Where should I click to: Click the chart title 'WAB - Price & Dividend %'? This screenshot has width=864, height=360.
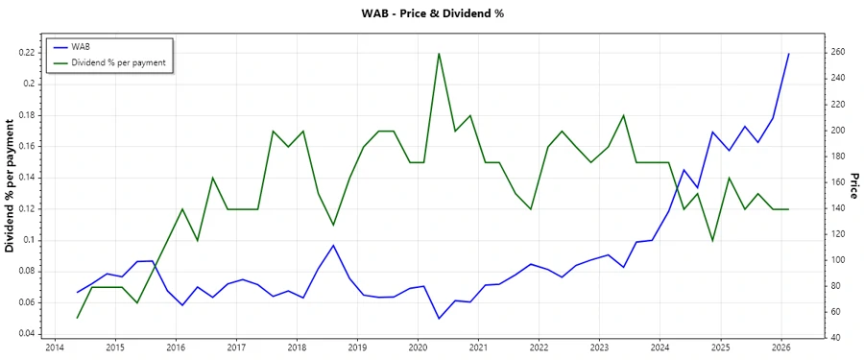[x=431, y=13]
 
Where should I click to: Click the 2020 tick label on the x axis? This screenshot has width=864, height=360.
[x=418, y=348]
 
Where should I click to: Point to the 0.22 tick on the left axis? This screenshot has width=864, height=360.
[x=28, y=53]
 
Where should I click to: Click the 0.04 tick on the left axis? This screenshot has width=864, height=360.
[x=28, y=334]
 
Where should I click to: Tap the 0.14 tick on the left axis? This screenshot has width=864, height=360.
[x=28, y=178]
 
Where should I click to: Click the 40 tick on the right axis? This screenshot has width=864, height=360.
[x=836, y=338]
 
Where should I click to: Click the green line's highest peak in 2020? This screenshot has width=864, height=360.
[x=439, y=53]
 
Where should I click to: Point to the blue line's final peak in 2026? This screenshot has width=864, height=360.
[x=789, y=54]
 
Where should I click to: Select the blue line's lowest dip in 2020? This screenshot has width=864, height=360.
[x=439, y=319]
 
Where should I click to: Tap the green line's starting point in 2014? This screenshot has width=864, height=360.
[x=77, y=318]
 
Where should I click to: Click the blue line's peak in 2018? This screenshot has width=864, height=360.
[x=333, y=245]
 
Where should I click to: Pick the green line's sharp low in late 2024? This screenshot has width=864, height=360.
[x=712, y=241]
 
